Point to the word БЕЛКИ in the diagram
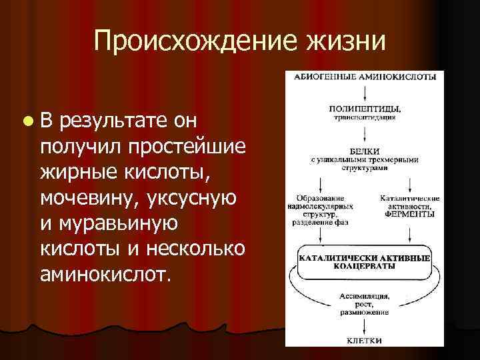[x=364, y=151]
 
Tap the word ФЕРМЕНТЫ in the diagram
[x=409, y=214]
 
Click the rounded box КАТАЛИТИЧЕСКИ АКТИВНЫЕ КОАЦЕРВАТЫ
[x=364, y=261]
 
